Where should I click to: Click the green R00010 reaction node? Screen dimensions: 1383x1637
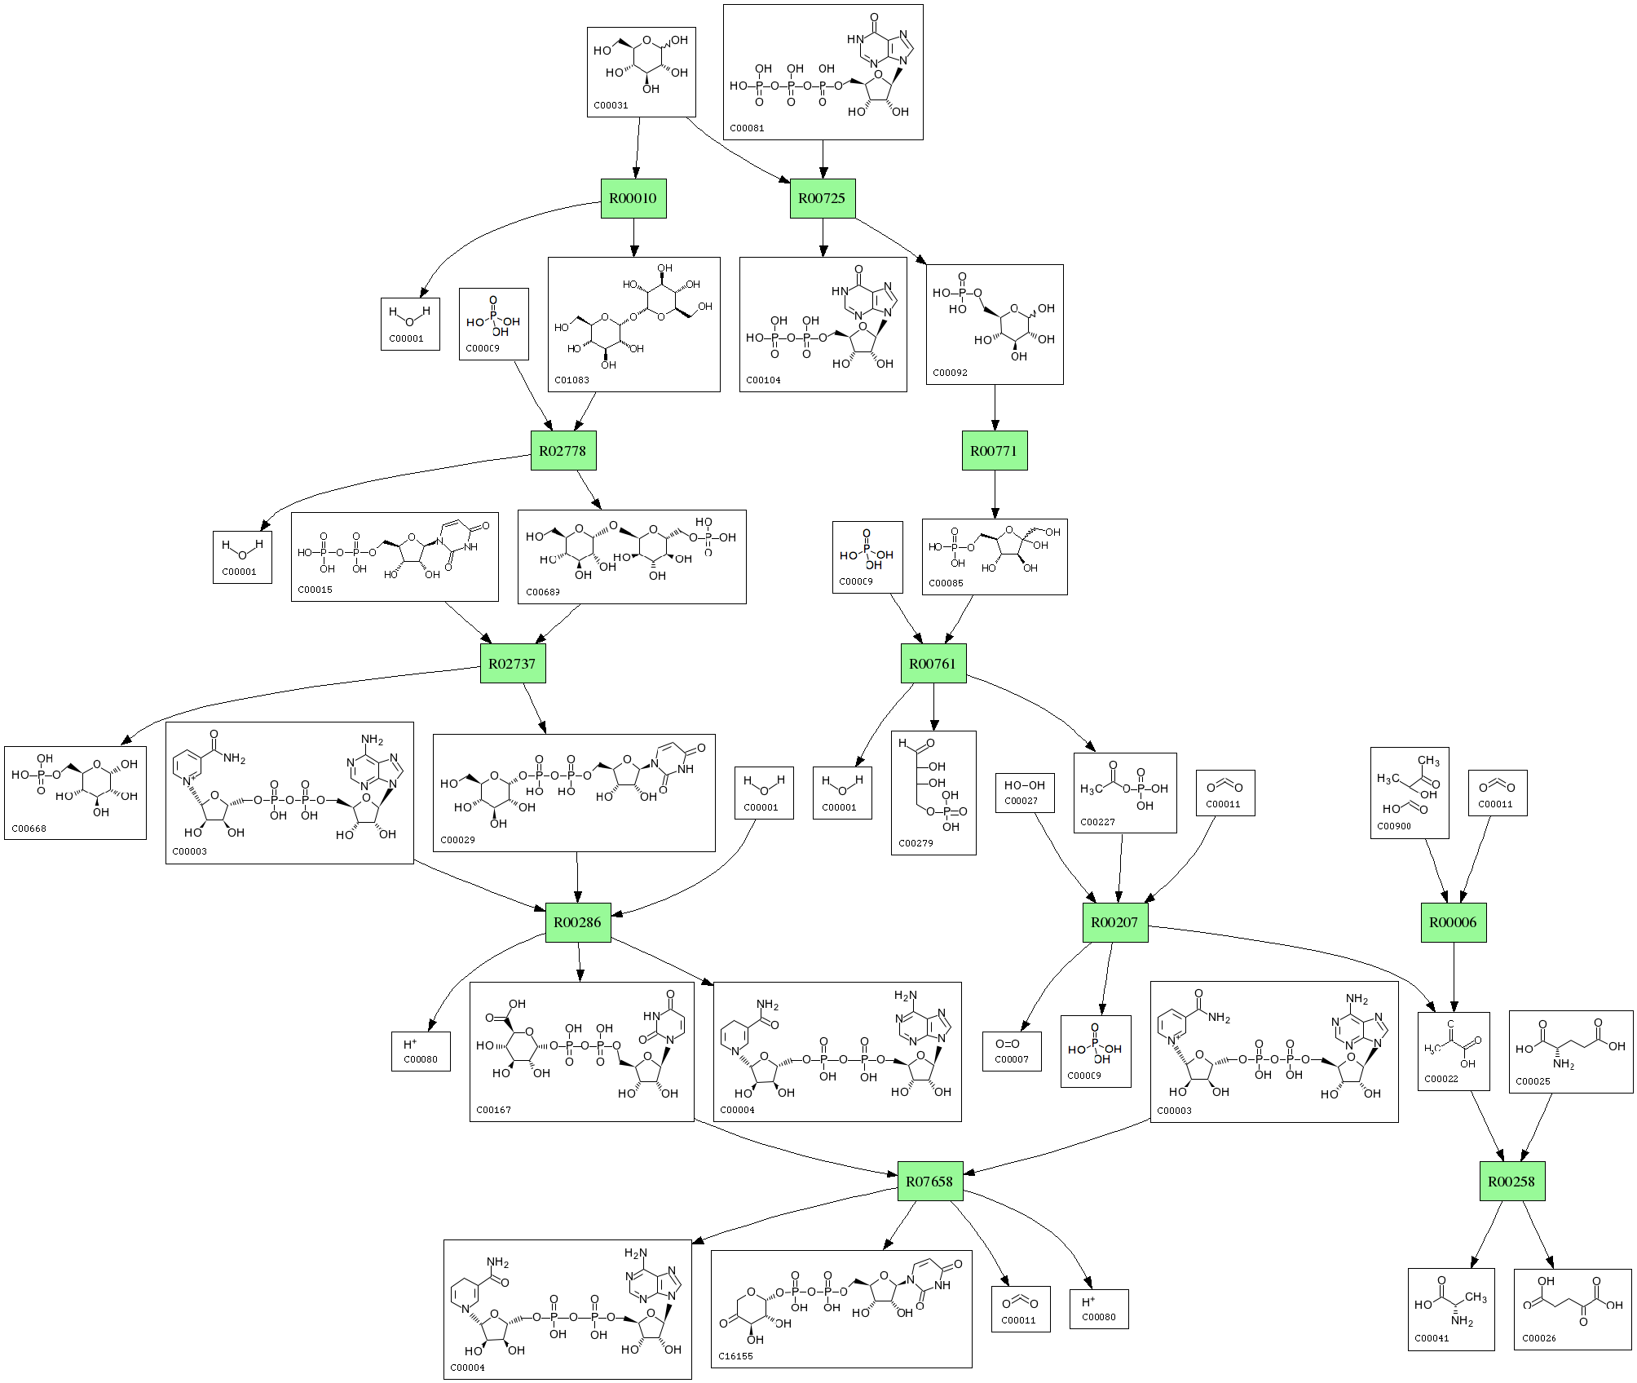[633, 198]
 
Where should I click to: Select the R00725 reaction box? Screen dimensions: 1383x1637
[822, 198]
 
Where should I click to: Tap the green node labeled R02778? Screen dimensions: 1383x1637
[563, 451]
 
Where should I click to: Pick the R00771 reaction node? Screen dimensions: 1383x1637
[994, 451]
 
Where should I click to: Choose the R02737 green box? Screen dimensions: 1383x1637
[512, 664]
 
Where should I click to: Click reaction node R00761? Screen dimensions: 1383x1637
[933, 664]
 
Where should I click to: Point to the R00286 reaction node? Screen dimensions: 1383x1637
[577, 922]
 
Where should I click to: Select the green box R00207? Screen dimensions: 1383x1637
[1114, 922]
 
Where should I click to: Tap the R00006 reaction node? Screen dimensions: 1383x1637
[1453, 922]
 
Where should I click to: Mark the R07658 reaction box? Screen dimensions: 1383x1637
[929, 1181]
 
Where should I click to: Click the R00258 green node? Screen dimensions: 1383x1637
[1511, 1181]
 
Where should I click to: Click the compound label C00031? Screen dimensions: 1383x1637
[611, 105]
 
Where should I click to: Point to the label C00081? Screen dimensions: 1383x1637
[747, 128]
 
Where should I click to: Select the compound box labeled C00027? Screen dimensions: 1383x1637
[1025, 793]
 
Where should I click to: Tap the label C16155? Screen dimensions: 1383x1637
[735, 1356]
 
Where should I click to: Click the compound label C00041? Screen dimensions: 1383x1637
[1432, 1338]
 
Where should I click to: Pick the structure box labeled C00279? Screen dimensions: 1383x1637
[933, 793]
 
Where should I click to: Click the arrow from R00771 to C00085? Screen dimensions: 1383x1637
[994, 494]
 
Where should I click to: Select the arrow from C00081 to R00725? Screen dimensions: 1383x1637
[823, 159]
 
